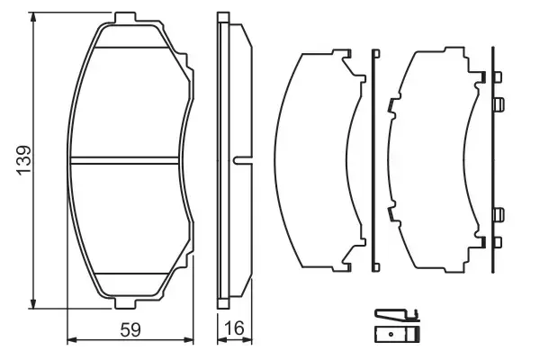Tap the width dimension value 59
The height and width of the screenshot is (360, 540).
[131, 330]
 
